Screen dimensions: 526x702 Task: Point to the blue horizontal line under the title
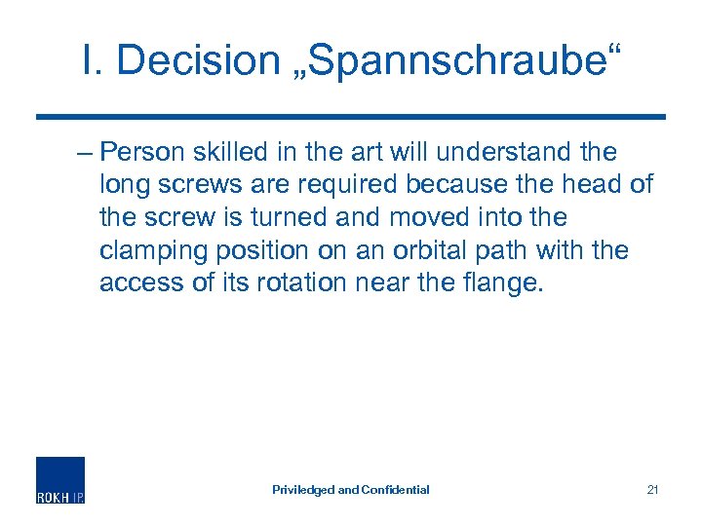click(x=351, y=117)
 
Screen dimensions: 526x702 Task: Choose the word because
click(x=475, y=185)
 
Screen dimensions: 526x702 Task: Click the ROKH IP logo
click(x=60, y=480)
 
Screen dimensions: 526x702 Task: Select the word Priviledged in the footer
click(x=303, y=490)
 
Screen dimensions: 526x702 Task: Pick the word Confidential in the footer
click(x=396, y=490)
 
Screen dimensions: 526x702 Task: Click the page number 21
click(x=652, y=490)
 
